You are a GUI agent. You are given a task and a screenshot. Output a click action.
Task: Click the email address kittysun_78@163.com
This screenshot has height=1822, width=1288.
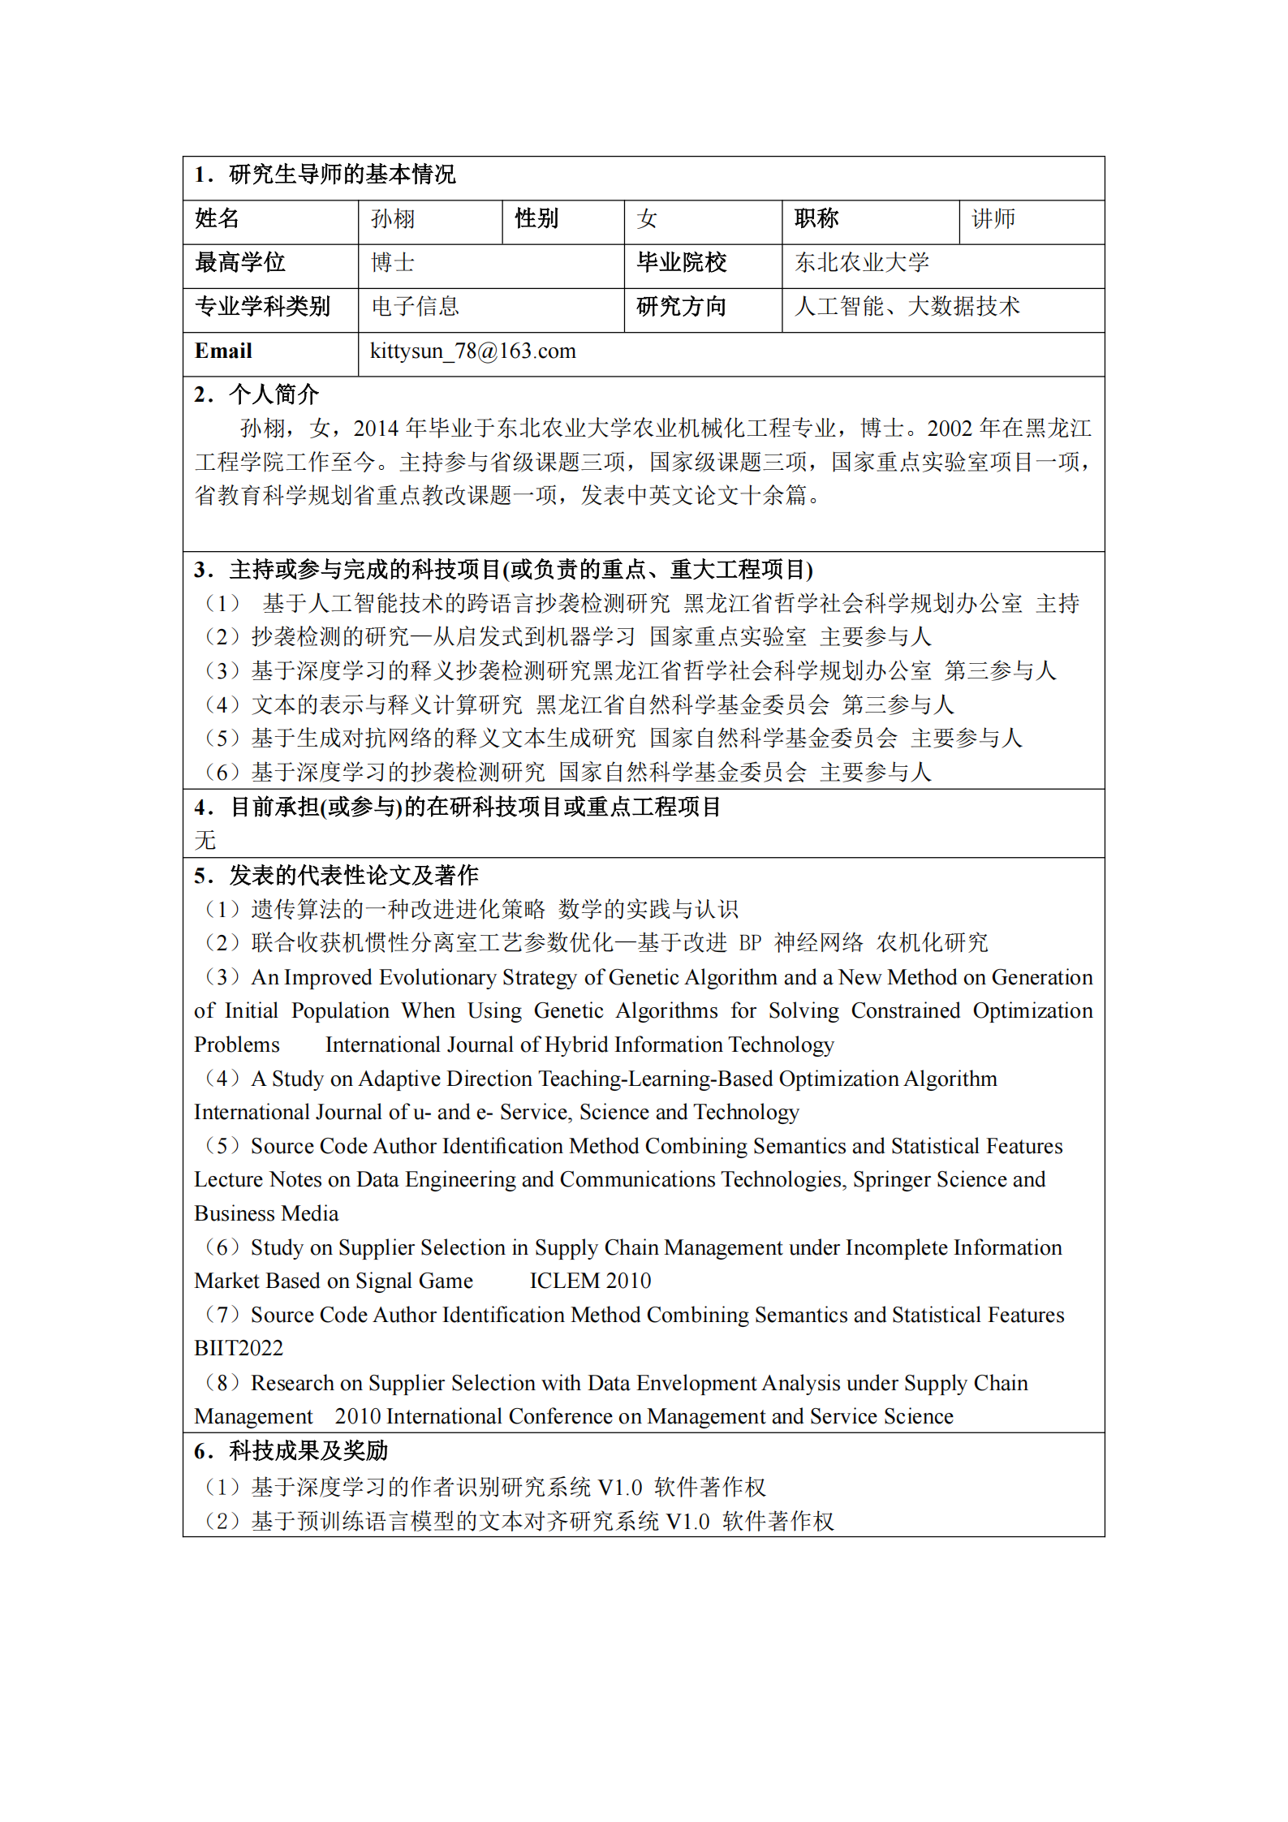coord(472,351)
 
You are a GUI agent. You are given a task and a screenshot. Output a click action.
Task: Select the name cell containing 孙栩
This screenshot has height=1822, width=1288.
coord(393,219)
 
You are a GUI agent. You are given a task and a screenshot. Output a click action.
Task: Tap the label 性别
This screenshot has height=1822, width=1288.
coord(536,219)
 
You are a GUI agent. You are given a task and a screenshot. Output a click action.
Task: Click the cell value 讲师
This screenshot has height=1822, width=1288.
coord(993,219)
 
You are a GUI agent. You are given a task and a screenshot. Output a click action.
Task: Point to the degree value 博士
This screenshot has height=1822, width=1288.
coord(393,263)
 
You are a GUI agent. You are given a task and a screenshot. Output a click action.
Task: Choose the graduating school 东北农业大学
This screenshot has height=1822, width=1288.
coord(862,263)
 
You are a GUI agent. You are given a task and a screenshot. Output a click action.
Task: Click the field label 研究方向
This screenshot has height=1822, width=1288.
coord(681,307)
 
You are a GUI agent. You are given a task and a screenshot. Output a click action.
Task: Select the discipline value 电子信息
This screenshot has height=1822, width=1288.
coord(415,307)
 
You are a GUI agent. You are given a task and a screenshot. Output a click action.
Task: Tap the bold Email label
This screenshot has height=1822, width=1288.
coord(223,351)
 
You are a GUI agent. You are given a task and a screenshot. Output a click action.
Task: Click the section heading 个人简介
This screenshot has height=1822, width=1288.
coord(274,394)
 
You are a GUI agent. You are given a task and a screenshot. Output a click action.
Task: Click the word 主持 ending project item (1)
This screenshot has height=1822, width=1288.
coord(1057,604)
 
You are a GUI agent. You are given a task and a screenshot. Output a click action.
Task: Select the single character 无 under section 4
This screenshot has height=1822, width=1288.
coord(205,840)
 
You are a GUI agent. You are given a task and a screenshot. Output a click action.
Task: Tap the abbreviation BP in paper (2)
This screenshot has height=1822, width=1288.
coord(750,943)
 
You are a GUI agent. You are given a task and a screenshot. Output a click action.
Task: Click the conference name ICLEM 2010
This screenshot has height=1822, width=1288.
coord(590,1281)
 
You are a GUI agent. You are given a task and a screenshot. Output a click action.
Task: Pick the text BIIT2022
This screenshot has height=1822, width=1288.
coord(239,1348)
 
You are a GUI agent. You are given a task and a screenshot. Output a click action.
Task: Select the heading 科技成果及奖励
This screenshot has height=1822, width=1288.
coord(308,1450)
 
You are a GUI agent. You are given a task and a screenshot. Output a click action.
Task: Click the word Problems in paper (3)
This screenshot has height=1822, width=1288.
coord(237,1045)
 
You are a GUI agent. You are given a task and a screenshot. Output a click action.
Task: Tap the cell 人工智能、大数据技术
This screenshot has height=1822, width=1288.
coord(907,307)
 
